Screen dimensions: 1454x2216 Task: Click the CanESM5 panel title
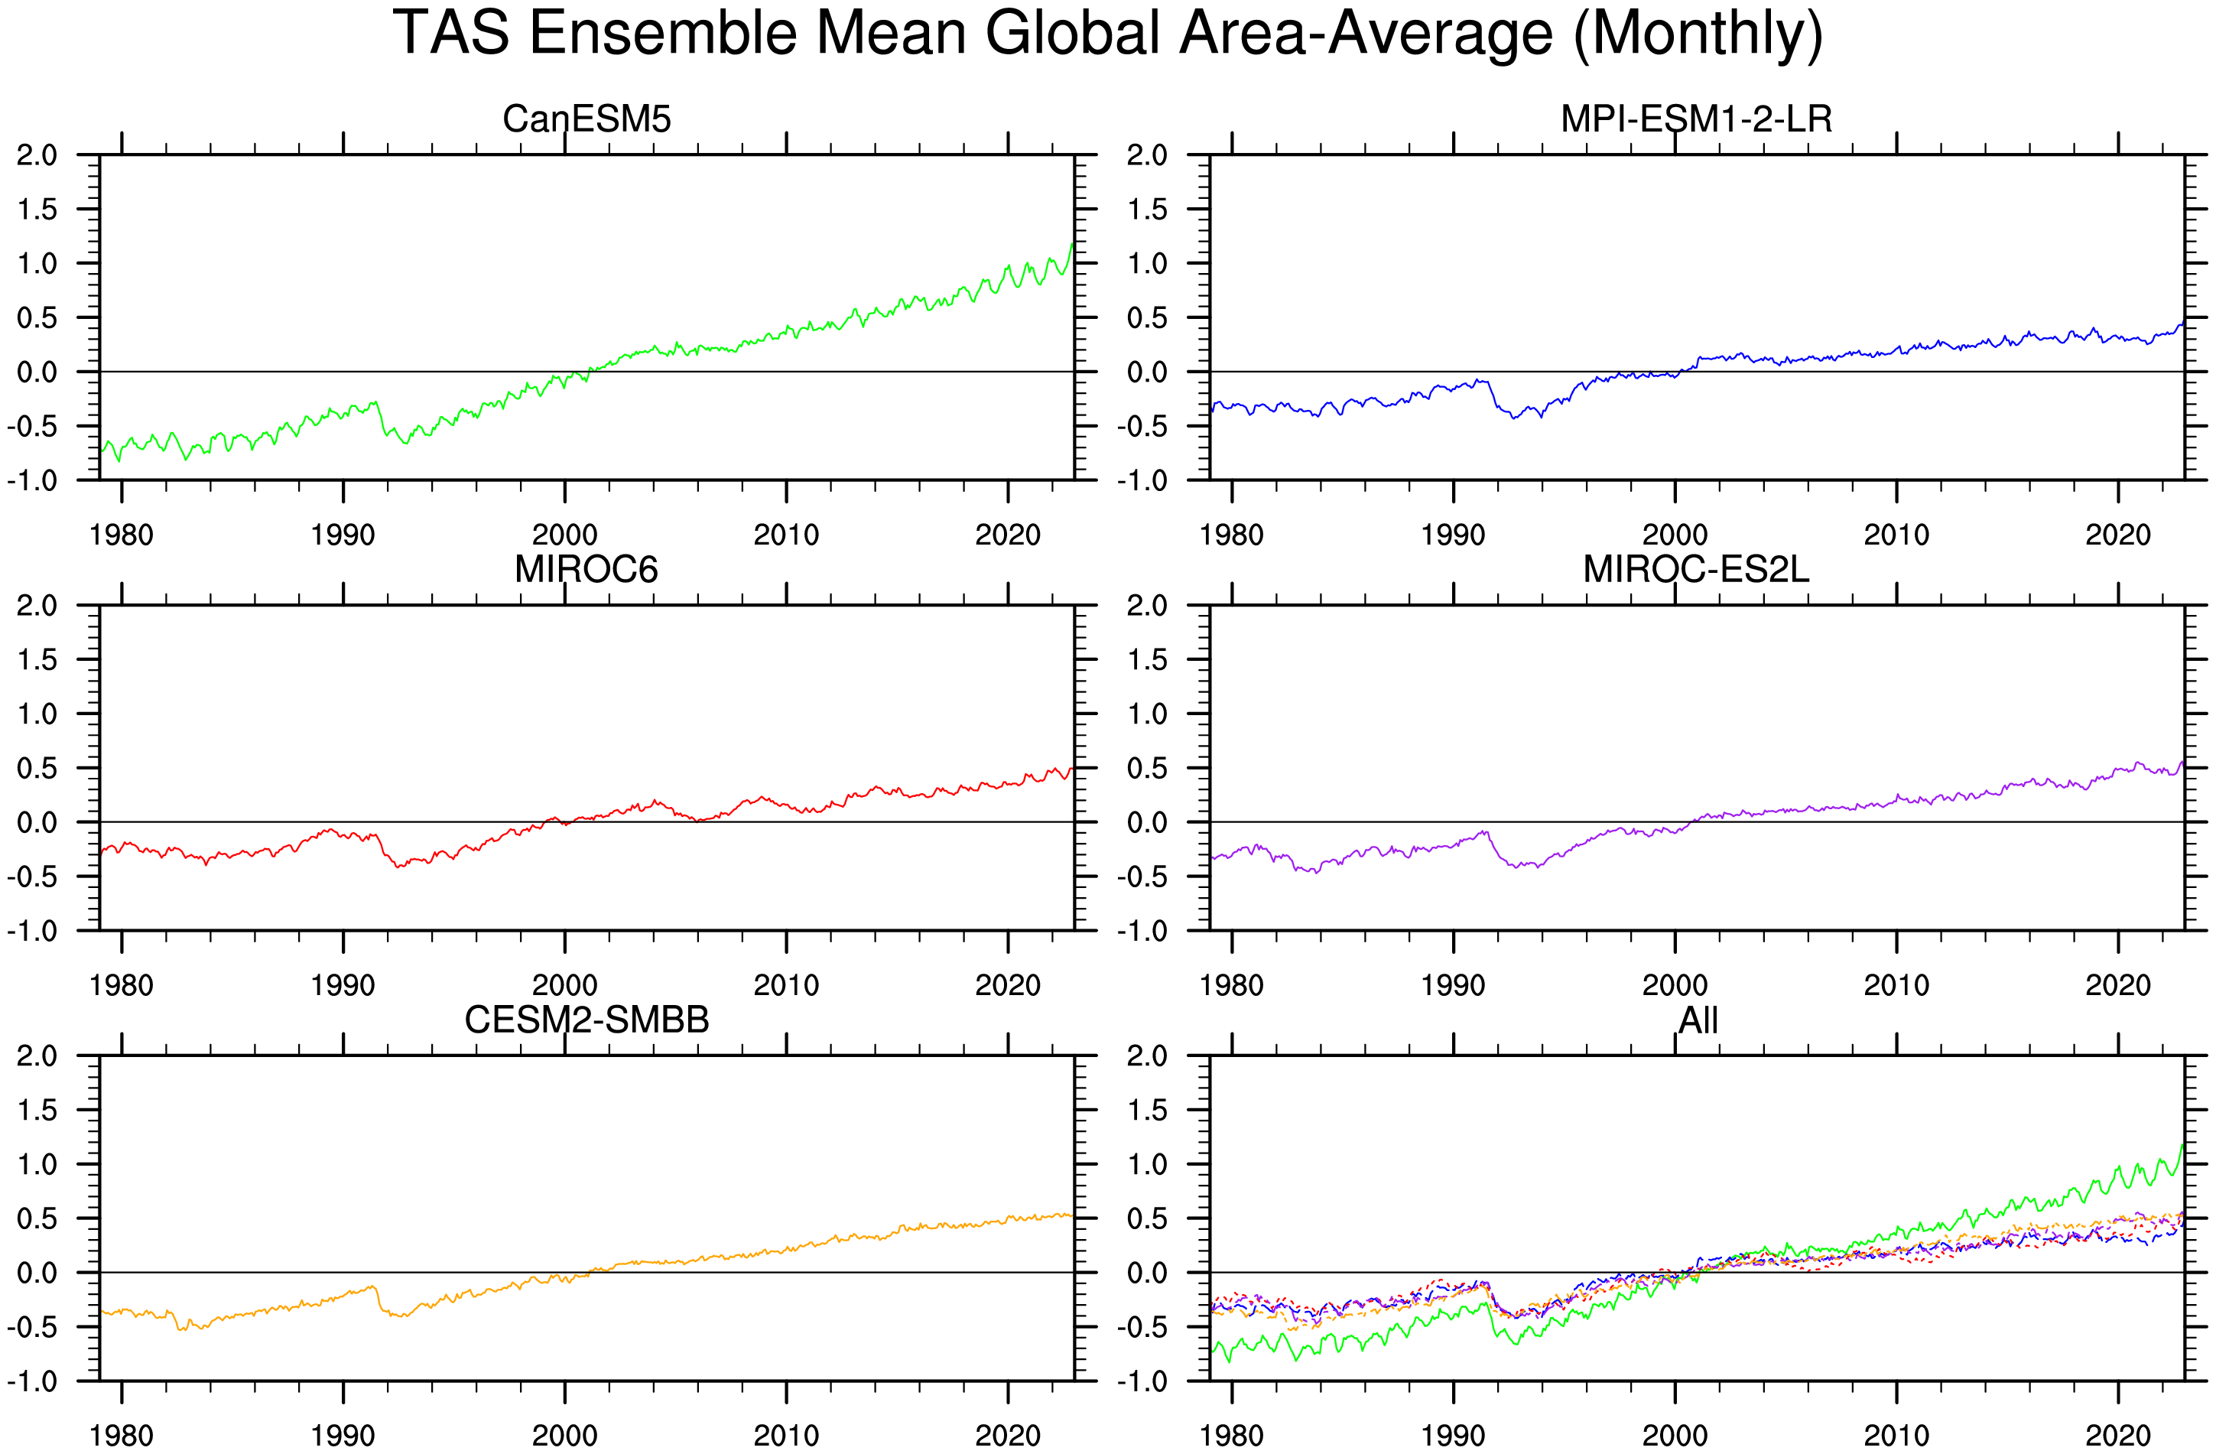coord(586,119)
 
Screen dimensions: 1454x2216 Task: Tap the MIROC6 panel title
coord(586,569)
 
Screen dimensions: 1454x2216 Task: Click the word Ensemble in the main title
coord(663,34)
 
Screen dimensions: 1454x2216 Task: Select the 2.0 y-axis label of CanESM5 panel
coord(37,155)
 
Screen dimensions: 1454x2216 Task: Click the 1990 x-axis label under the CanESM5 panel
coord(343,535)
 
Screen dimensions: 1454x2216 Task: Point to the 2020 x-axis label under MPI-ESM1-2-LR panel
coord(2118,535)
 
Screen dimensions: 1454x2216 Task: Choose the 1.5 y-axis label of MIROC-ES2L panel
coord(1147,660)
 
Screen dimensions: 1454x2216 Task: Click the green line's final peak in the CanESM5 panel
coord(1073,244)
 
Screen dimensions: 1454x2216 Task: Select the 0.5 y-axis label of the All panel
coord(1147,1219)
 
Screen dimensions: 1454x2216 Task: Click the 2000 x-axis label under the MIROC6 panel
coord(564,985)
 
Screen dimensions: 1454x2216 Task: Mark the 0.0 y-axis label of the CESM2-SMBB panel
coord(37,1273)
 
